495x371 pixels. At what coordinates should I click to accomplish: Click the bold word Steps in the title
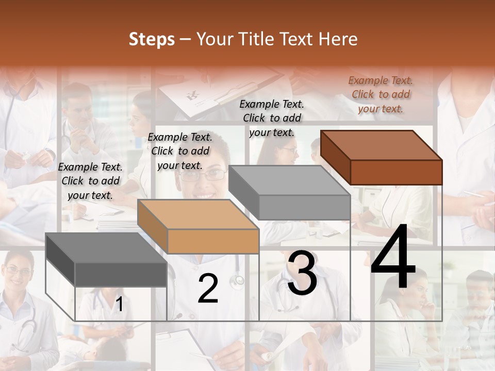(152, 39)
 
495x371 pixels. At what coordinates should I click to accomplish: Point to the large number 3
(302, 274)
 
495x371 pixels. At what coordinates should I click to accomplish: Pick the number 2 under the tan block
(208, 289)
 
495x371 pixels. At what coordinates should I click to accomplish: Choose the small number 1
(119, 304)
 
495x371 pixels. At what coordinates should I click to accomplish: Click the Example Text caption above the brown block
(381, 94)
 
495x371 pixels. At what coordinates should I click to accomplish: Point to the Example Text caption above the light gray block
(272, 118)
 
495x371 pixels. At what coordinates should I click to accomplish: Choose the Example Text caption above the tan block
(180, 151)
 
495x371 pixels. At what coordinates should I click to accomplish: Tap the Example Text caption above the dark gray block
(90, 181)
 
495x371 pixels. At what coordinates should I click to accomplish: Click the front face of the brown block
(396, 172)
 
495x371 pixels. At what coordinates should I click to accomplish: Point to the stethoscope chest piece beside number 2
(238, 280)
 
